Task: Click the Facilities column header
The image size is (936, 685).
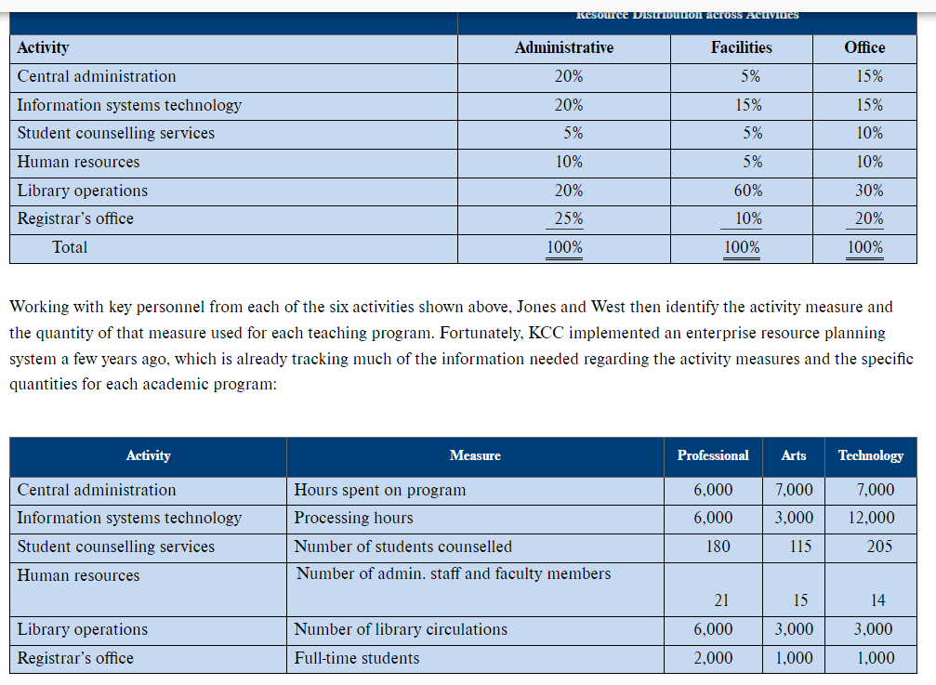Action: tap(741, 47)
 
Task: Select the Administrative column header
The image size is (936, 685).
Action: tap(563, 47)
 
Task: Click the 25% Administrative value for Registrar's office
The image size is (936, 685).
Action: tap(569, 219)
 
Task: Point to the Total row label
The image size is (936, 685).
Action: tap(70, 247)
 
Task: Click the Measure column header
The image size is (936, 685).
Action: tap(475, 455)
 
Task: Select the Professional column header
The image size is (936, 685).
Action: tap(713, 455)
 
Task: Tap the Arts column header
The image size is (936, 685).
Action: tap(794, 455)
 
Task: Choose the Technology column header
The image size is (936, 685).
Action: tap(871, 455)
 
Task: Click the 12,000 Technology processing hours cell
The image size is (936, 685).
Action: tap(872, 518)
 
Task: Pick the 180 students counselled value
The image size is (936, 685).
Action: tap(718, 547)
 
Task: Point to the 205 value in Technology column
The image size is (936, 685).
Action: tap(879, 547)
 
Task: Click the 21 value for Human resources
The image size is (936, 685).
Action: tap(720, 599)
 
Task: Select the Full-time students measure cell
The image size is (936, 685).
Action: tap(357, 658)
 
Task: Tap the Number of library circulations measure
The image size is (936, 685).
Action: tap(401, 629)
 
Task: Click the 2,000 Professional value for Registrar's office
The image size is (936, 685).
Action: tap(713, 658)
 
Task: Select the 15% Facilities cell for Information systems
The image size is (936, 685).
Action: tap(748, 105)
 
